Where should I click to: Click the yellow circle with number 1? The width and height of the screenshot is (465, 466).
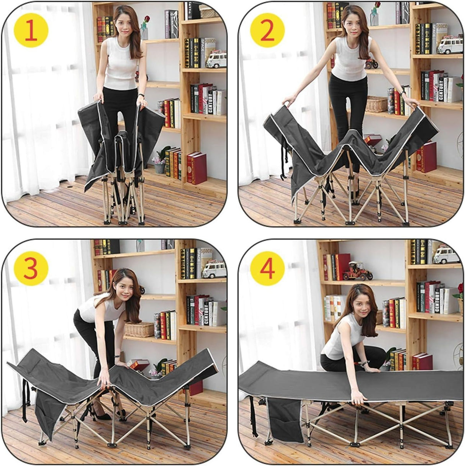[31, 31]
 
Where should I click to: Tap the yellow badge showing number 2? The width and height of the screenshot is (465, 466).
[267, 31]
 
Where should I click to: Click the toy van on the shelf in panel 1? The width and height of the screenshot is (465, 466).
[216, 60]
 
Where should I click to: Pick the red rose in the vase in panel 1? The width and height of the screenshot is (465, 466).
[146, 20]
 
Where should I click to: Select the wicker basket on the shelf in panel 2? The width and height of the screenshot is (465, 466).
[377, 104]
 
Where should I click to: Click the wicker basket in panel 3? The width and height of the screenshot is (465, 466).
[139, 329]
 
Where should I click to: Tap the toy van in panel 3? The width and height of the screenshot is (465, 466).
[214, 270]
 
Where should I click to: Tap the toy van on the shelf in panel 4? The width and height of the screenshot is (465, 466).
[446, 254]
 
